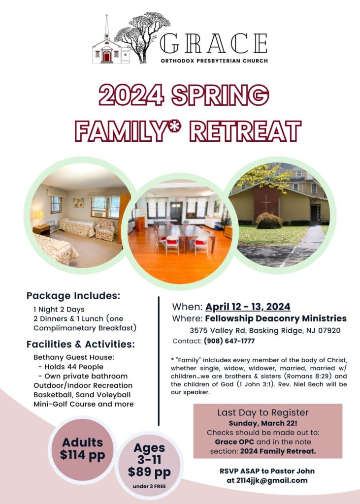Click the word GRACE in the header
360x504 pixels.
coord(213,44)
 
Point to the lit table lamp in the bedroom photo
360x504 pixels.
coord(39,217)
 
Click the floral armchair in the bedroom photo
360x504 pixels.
coord(104,229)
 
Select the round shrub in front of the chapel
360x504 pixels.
coord(269,221)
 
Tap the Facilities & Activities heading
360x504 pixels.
coord(80,344)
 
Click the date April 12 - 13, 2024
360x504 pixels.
coord(248,307)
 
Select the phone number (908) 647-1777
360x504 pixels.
coord(229,341)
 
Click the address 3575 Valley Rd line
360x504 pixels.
coord(265,330)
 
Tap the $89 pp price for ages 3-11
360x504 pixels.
coord(149,472)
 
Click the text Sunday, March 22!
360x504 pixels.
coord(267,423)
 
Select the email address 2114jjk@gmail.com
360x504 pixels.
coord(267,480)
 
